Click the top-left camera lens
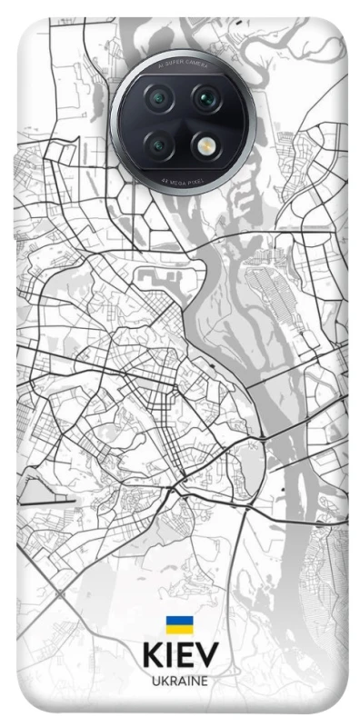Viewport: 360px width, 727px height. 160,97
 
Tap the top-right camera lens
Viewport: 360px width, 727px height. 205,97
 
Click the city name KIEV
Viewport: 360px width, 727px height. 180,658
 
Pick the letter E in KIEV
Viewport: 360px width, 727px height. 185,658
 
